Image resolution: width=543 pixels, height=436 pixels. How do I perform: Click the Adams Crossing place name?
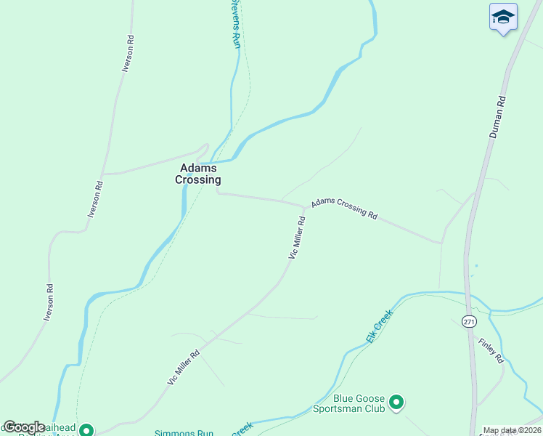click(x=198, y=174)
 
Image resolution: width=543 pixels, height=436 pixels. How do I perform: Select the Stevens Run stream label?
click(x=235, y=24)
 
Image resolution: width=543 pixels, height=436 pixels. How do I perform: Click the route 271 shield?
click(x=468, y=321)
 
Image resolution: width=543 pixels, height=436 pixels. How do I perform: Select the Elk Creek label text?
click(x=379, y=326)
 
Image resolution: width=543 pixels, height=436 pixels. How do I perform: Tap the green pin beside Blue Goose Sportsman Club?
click(x=396, y=402)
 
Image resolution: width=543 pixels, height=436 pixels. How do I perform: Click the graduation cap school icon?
click(x=503, y=17)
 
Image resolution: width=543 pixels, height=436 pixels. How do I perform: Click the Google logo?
click(x=24, y=427)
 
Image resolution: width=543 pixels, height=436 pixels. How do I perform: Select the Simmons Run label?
click(x=183, y=433)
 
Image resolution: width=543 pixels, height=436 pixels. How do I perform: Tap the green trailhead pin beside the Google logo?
click(x=86, y=430)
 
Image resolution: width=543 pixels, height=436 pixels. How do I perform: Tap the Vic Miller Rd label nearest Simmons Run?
click(x=184, y=369)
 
